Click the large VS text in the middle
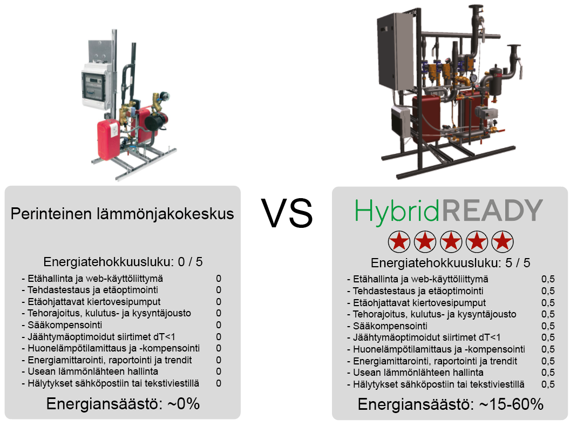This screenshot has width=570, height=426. (287, 213)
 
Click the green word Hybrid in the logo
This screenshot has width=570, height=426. (397, 212)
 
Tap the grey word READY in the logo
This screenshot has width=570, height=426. (492, 211)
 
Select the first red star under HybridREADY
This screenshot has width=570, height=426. (399, 241)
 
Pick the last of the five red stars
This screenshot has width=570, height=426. (503, 241)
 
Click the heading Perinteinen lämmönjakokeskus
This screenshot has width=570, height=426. (122, 214)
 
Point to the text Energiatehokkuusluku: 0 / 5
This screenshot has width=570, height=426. (123, 262)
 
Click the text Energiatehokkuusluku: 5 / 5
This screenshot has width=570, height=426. (450, 263)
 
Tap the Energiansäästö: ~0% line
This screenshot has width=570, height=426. (123, 404)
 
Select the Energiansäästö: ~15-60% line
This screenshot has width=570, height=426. (450, 404)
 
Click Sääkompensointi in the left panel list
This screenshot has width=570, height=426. (65, 325)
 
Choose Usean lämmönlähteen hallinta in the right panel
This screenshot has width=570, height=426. (418, 373)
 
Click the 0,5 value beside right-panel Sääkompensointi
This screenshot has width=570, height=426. (548, 326)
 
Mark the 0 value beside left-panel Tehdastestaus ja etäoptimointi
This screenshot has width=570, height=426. (219, 290)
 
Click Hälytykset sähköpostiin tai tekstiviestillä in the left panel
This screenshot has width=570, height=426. (113, 383)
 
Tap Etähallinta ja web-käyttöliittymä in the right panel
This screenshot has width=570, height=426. (420, 279)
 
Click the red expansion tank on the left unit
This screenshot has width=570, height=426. (108, 139)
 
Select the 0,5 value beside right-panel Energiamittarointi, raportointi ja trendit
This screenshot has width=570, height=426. (548, 361)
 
